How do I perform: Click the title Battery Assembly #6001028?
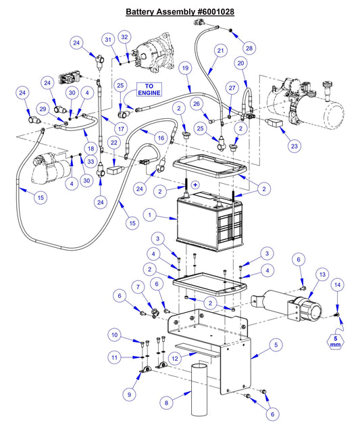click(x=180, y=12)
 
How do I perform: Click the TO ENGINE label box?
click(x=149, y=90)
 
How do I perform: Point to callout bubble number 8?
click(x=166, y=403)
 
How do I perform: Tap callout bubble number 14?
click(x=337, y=286)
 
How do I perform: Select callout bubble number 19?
click(x=186, y=68)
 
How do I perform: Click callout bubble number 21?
click(x=220, y=51)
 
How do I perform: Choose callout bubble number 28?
click(x=249, y=48)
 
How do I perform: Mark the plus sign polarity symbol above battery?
click(x=195, y=184)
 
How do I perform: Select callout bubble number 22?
click(x=114, y=143)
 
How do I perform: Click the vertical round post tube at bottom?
click(x=199, y=392)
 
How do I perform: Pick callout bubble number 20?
click(x=239, y=64)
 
